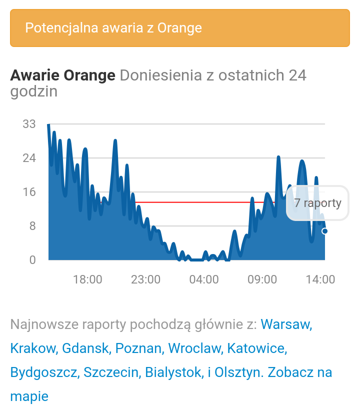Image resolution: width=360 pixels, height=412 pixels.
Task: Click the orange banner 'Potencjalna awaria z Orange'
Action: point(179,27)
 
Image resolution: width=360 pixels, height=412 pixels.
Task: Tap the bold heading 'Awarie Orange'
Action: point(62,75)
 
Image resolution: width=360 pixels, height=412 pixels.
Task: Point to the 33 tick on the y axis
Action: point(29,124)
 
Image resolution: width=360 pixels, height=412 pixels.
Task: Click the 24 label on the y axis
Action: point(29,158)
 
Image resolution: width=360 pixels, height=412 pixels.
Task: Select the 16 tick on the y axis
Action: point(29,192)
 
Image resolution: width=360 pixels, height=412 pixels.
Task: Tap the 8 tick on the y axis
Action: point(32,226)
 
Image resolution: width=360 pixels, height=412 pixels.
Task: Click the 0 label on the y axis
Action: point(32,260)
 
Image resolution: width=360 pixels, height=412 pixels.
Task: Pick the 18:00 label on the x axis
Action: point(87,279)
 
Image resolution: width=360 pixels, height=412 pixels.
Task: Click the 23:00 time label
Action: point(146,279)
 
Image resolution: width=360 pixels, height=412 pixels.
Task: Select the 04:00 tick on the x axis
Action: point(204,279)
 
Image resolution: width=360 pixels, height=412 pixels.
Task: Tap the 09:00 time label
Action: point(262,279)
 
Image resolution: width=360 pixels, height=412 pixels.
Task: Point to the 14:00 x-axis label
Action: point(320,279)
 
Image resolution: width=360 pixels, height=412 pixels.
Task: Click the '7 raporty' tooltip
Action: point(317,203)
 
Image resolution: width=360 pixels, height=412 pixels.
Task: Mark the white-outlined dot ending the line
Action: point(325,231)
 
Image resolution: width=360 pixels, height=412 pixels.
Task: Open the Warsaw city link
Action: point(286,324)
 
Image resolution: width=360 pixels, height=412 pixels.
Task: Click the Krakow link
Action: point(33,348)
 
